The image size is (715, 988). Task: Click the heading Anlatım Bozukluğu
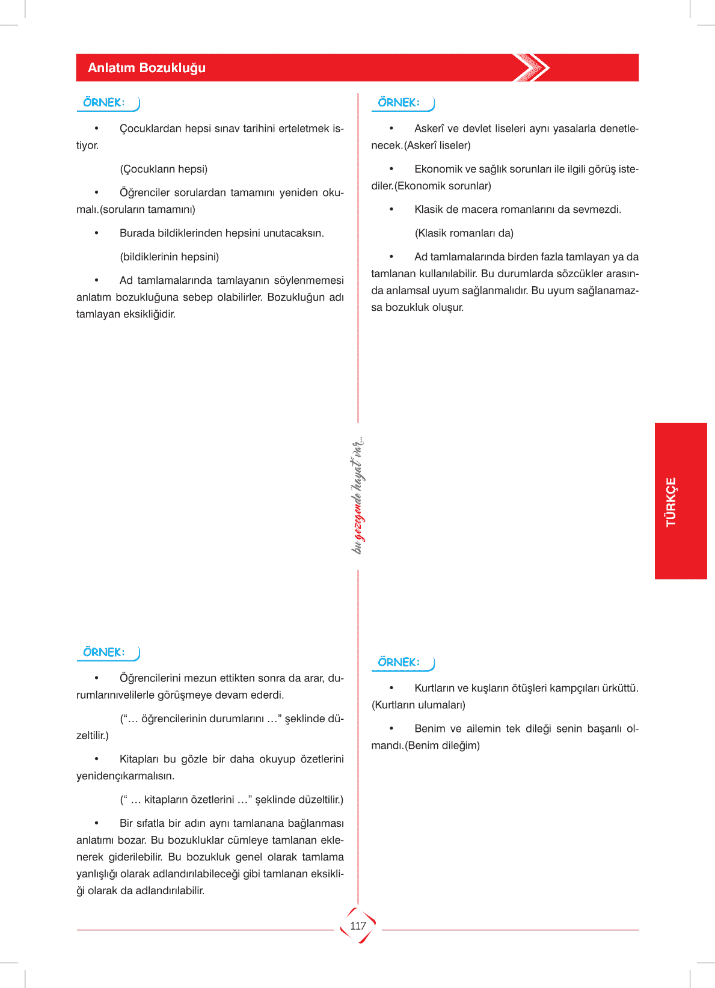pos(147,68)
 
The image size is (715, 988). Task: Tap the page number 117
pos(358,926)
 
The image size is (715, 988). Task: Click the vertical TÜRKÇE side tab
pos(671,502)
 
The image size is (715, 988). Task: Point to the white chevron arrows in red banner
pos(532,67)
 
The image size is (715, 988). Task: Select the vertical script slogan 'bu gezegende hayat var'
pos(358,496)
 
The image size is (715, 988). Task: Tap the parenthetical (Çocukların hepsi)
pos(164,169)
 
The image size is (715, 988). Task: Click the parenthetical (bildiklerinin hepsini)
pos(169,257)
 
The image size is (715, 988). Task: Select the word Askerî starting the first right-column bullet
pos(429,129)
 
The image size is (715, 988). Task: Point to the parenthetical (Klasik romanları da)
pos(464,233)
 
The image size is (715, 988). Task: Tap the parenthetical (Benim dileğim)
pos(443,746)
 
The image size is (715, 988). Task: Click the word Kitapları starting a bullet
pos(140,759)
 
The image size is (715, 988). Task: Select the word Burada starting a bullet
pos(137,233)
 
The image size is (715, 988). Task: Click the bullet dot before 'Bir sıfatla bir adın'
pos(96,823)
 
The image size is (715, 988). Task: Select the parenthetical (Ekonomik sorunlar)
pos(443,186)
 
